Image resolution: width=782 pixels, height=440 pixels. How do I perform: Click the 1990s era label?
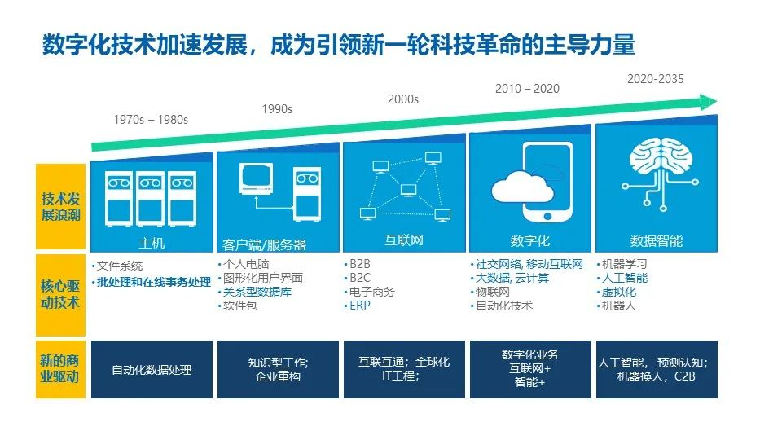pos(277,109)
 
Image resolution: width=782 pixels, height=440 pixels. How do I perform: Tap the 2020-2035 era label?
pos(656,79)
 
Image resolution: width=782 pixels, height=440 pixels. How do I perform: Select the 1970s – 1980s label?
pos(151,120)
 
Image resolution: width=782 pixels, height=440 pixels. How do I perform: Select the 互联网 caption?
pos(404,240)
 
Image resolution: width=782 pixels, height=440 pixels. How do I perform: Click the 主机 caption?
pos(152,242)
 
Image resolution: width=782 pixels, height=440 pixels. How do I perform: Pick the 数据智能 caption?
pos(657,241)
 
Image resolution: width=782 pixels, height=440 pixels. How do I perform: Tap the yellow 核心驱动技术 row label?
pos(60,294)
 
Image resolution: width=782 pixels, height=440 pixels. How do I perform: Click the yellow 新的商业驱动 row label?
pos(60,369)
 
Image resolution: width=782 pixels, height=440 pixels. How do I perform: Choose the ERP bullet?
pos(359,306)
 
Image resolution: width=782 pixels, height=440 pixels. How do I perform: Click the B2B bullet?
pos(359,264)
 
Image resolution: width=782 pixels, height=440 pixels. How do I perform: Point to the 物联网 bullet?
pos(493,292)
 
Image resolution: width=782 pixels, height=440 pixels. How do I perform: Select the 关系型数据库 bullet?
pos(256,292)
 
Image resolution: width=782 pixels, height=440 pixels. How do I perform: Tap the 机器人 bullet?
pos(619,306)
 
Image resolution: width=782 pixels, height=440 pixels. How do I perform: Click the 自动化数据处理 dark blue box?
pos(152,369)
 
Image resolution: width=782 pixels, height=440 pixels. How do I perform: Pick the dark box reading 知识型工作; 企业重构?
pos(277,369)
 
